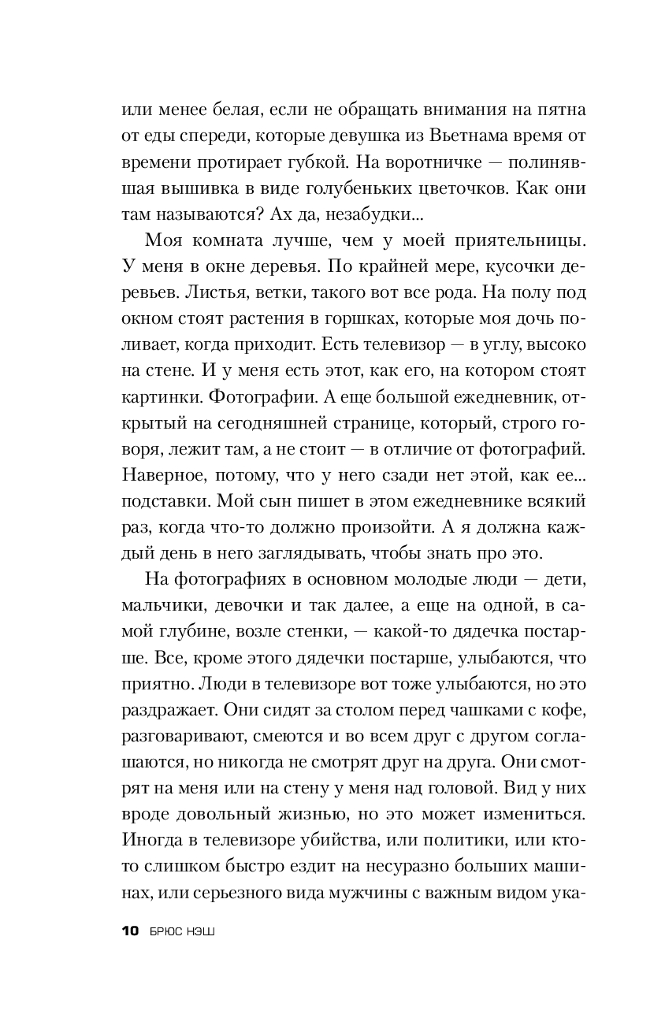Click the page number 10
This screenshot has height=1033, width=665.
pyautogui.click(x=130, y=931)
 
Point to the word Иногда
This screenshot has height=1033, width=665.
pyautogui.click(x=151, y=837)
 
